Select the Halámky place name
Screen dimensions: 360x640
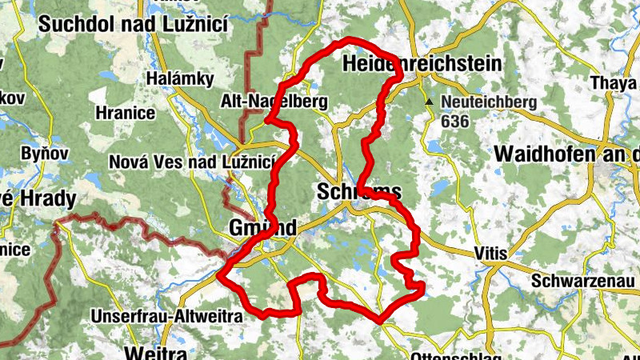(x=180, y=79)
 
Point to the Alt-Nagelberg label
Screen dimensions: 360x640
(x=274, y=102)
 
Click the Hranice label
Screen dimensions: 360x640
(x=125, y=113)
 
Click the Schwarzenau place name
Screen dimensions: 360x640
(x=585, y=282)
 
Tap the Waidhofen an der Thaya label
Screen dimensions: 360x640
(x=567, y=153)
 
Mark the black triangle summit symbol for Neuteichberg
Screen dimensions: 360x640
(x=430, y=102)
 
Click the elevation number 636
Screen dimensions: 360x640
(x=454, y=122)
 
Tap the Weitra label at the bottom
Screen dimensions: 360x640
(x=156, y=352)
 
